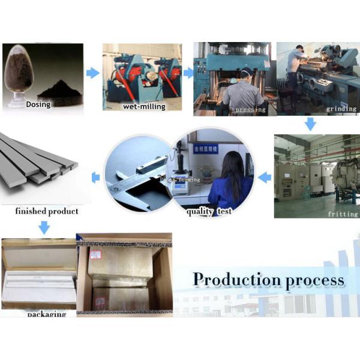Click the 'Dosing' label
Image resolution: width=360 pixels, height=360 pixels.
[38, 104]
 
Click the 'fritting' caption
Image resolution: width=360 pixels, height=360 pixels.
[343, 214]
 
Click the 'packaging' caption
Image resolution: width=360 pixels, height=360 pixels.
[46, 314]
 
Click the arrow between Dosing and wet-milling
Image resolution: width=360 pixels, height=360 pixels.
[92, 73]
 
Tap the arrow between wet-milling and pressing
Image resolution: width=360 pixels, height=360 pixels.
[188, 73]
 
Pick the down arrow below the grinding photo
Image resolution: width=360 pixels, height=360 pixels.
[310, 124]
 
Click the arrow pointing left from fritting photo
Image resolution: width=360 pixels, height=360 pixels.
[264, 177]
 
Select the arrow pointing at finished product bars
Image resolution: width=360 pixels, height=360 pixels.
[95, 177]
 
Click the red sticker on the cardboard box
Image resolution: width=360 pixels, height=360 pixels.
[95, 254]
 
